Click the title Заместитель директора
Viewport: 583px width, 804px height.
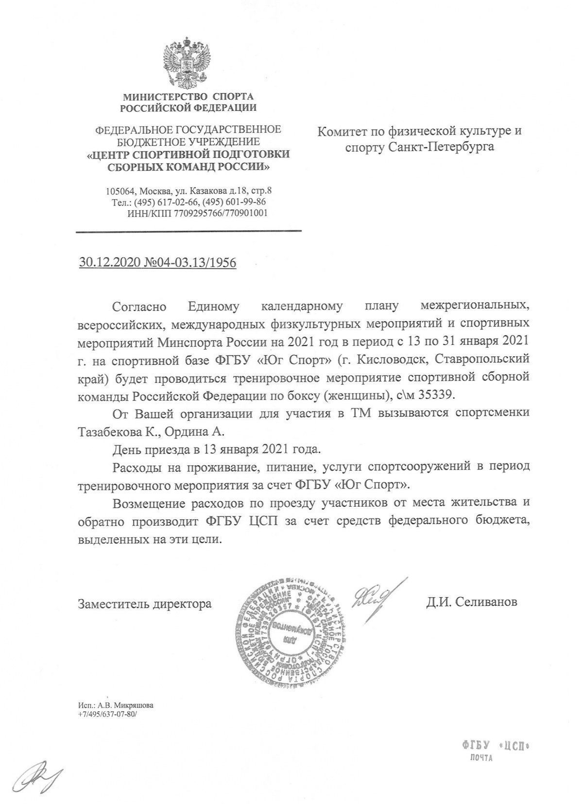pyautogui.click(x=144, y=603)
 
